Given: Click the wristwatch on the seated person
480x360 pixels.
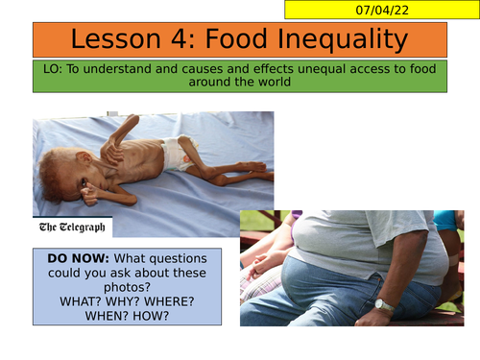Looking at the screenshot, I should click(384, 306).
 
